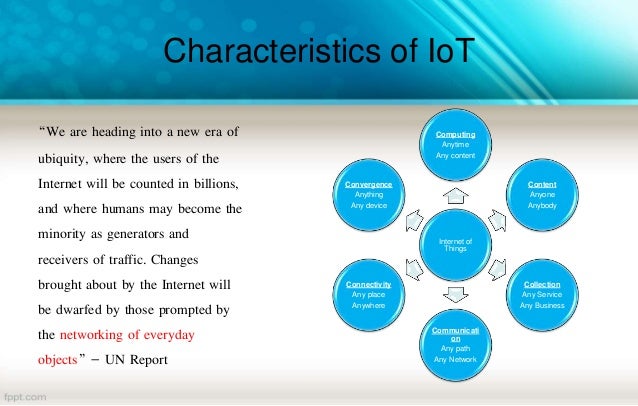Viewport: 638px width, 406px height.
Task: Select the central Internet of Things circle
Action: coord(454,245)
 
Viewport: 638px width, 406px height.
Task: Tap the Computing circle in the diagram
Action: coord(454,145)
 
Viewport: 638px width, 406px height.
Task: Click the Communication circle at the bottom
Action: coord(454,345)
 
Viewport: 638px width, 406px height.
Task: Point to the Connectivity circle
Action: coord(367,295)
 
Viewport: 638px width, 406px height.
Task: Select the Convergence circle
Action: coord(367,195)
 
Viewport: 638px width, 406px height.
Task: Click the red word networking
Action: coord(98,334)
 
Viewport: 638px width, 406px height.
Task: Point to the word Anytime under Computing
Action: coord(454,144)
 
